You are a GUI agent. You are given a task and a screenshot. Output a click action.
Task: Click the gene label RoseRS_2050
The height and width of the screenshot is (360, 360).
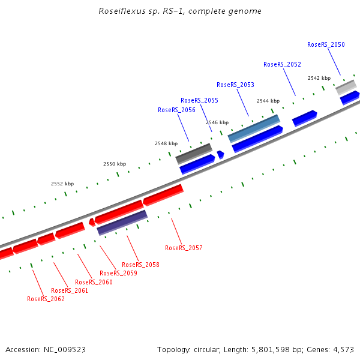[326, 44]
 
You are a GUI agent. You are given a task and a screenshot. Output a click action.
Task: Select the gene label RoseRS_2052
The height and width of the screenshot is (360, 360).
[282, 64]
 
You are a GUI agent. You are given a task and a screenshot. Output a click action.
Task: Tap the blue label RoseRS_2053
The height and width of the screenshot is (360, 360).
[235, 85]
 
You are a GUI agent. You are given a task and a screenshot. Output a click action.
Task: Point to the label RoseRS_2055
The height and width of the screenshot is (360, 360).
[199, 100]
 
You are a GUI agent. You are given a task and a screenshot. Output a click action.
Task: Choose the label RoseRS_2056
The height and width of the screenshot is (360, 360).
[176, 110]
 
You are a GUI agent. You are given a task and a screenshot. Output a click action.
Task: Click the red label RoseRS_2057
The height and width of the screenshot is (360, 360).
[184, 248]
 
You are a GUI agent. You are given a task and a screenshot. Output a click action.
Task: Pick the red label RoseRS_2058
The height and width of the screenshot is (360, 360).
[140, 265]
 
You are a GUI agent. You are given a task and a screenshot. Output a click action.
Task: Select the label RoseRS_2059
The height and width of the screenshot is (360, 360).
[118, 273]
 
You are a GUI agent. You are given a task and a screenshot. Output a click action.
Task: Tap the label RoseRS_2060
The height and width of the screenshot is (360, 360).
[94, 282]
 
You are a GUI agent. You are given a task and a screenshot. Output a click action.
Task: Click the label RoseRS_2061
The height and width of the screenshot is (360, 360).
[70, 290]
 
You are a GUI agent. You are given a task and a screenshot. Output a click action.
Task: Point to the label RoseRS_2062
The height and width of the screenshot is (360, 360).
[46, 299]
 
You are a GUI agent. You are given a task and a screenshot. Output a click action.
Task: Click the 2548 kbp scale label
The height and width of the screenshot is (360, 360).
[166, 143]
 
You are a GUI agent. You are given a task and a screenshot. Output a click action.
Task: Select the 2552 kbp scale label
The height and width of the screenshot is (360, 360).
[62, 184]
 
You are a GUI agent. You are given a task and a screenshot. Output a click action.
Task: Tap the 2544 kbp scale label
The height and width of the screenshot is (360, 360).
[268, 101]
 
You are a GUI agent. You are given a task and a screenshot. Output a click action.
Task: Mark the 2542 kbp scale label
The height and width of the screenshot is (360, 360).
[319, 78]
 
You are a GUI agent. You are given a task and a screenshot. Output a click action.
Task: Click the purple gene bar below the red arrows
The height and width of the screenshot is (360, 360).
[122, 222]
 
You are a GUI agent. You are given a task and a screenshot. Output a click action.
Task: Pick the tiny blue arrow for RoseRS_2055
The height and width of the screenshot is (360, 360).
[221, 154]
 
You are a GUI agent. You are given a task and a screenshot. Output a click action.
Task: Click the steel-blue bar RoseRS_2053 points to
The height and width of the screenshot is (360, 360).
[254, 128]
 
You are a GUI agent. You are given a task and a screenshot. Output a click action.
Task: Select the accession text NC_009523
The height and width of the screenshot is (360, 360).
[46, 349]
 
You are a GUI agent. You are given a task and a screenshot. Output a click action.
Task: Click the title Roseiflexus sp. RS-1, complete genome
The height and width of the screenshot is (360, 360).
[179, 11]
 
